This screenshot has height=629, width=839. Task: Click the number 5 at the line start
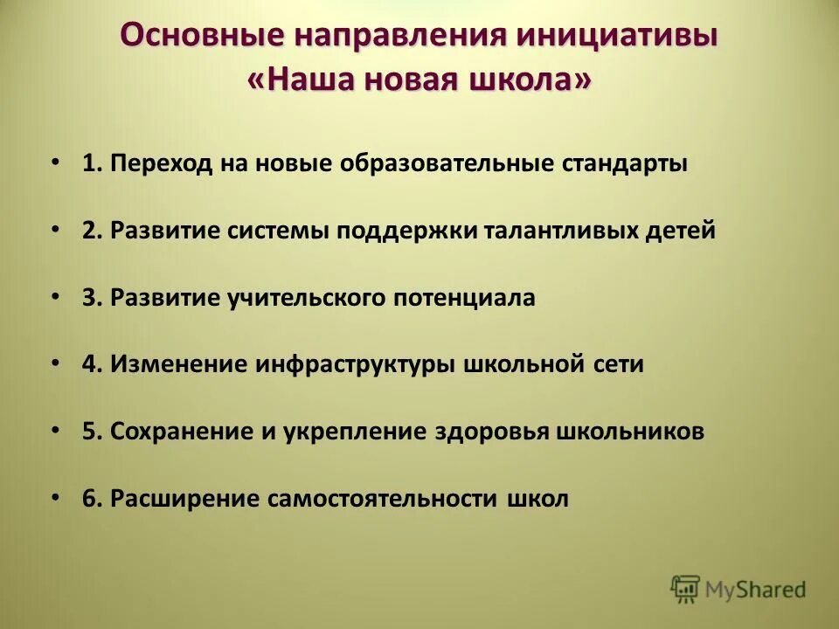tap(89, 432)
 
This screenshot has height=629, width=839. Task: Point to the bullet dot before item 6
tap(56, 497)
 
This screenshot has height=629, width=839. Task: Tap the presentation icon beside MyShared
tap(686, 590)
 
